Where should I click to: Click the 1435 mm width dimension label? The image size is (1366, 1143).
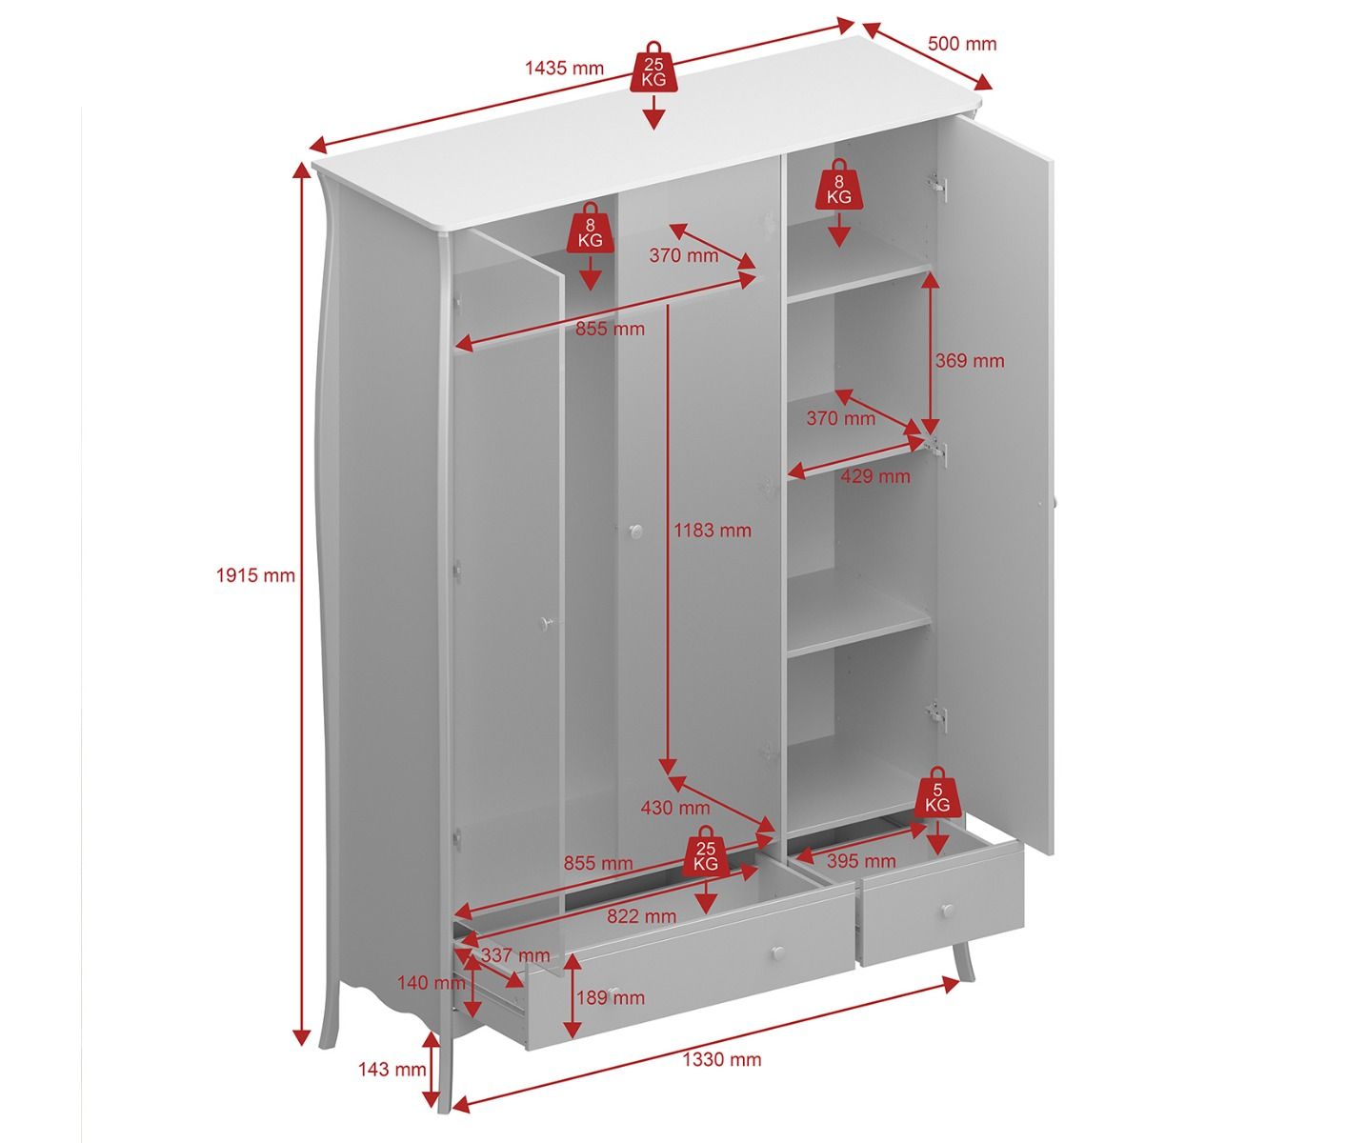tap(564, 68)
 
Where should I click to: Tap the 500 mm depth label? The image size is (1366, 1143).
tap(962, 44)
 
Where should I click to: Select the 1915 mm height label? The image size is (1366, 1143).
tap(256, 575)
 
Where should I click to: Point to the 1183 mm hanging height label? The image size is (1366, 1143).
tap(713, 530)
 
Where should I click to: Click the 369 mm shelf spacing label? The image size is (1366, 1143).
tap(970, 360)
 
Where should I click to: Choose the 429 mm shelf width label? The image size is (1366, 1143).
tap(875, 475)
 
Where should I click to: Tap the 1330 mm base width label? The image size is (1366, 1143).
tap(722, 1058)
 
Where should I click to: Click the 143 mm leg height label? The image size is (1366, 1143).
tap(392, 1069)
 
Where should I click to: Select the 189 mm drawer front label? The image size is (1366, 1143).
tap(611, 997)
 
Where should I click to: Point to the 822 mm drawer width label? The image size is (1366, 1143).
tap(641, 916)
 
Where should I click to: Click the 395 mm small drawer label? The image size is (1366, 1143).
tap(861, 860)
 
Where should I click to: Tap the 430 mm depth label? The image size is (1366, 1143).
tap(675, 808)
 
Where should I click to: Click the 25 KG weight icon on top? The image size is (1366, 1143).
tap(653, 68)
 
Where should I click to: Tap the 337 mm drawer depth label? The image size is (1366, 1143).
tap(514, 955)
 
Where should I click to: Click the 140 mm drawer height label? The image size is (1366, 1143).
tap(432, 982)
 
